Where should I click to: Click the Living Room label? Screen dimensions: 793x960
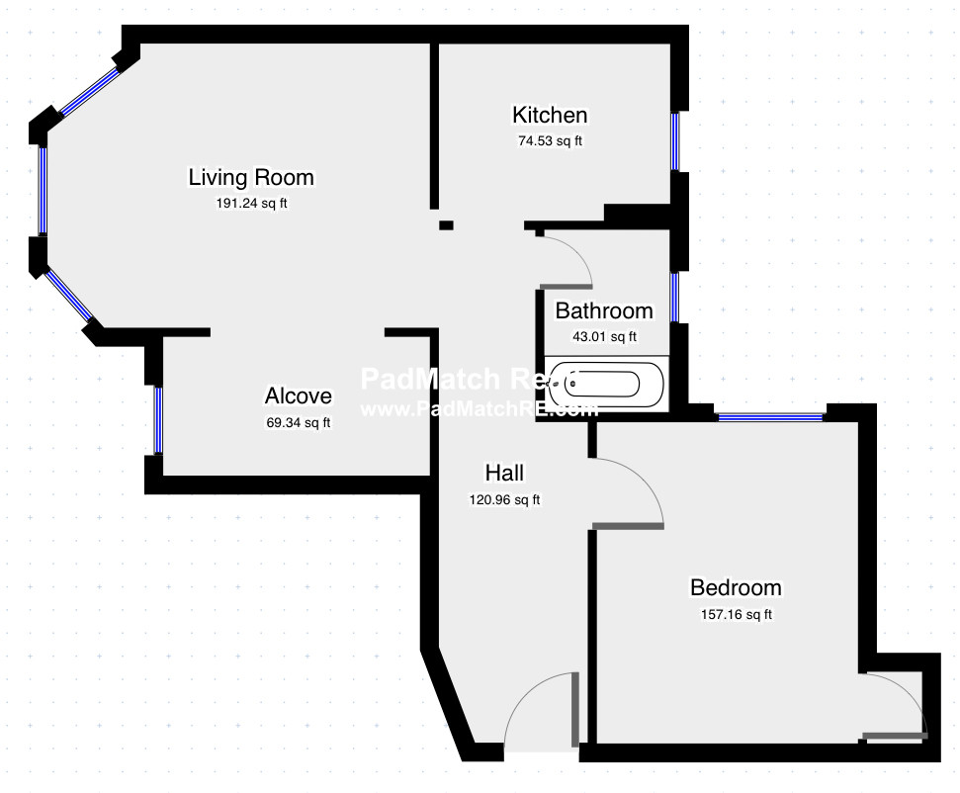[251, 177]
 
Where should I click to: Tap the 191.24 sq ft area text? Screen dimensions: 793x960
[251, 203]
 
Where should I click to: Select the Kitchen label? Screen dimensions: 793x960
[550, 116]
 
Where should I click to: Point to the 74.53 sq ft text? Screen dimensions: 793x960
[550, 140]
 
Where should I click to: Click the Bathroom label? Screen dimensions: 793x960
[604, 310]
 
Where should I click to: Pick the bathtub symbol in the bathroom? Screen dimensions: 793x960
[606, 384]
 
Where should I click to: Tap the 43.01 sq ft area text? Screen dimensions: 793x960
[604, 336]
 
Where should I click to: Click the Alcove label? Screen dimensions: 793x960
[298, 396]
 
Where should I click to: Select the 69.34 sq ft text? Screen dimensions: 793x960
[298, 422]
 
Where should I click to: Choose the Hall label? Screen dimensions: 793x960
[504, 473]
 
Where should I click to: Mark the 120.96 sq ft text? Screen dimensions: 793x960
[504, 499]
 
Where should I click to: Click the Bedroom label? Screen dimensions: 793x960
[736, 587]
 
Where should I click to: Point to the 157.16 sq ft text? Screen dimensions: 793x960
[736, 614]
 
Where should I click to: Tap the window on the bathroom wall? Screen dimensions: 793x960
[674, 296]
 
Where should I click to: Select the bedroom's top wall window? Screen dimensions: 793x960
[770, 417]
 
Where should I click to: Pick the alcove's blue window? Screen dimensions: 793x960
[158, 419]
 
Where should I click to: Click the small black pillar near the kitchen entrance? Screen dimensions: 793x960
[446, 225]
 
